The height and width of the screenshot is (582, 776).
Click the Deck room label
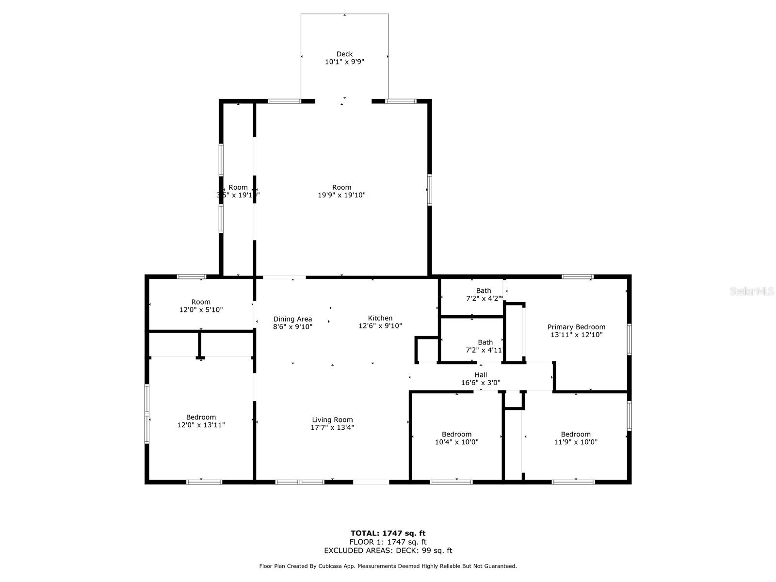(344, 54)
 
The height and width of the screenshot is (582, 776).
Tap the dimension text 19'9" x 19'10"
(341, 195)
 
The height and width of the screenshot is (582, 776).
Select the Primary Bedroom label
(576, 327)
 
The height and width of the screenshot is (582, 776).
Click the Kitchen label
(380, 318)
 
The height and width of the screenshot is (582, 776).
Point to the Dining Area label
(292, 319)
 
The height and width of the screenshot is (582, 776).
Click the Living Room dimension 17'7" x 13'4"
(332, 428)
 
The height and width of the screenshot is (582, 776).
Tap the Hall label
(481, 375)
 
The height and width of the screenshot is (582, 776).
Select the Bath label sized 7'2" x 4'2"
(483, 291)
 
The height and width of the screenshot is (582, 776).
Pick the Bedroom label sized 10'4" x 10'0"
(456, 435)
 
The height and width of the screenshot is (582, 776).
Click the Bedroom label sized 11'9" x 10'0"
(576, 435)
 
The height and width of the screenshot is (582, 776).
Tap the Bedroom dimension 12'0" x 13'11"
(201, 425)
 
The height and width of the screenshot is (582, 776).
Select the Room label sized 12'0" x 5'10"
(201, 302)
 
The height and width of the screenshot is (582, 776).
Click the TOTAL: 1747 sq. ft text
(388, 533)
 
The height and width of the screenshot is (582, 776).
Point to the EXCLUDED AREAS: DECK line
(388, 550)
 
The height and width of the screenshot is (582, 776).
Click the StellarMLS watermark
(752, 291)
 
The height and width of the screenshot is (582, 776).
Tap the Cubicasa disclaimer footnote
(388, 566)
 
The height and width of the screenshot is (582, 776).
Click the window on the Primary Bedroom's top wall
(577, 277)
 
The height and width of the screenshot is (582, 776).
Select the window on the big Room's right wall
(430, 190)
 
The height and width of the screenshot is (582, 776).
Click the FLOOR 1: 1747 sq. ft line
(388, 542)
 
